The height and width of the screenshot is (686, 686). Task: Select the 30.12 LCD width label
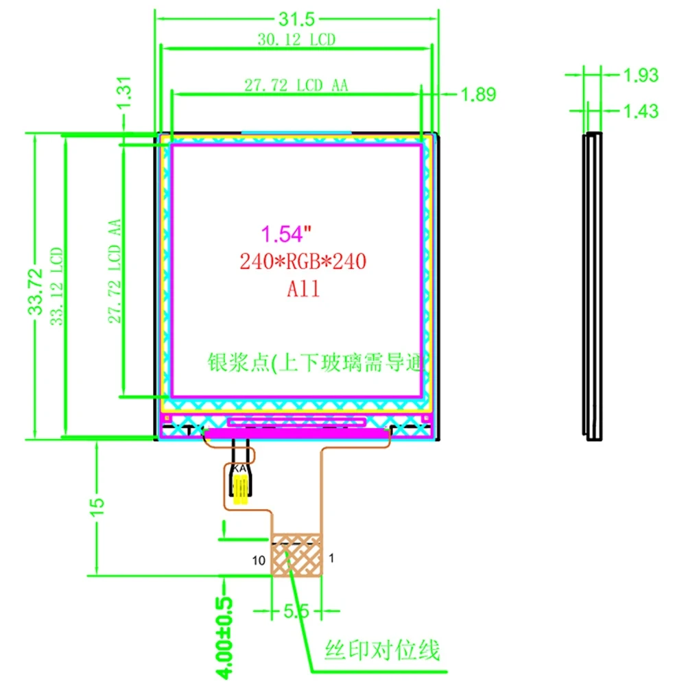tap(297, 40)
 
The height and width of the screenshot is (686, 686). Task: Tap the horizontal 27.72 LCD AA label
tap(296, 86)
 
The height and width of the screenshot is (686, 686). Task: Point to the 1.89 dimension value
tap(478, 95)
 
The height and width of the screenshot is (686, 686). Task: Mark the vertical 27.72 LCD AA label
tap(115, 271)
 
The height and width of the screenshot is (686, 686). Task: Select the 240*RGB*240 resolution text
tap(303, 261)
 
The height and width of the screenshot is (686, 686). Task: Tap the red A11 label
tap(303, 289)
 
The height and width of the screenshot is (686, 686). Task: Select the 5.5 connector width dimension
tap(296, 611)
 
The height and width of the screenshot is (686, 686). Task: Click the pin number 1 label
tap(331, 558)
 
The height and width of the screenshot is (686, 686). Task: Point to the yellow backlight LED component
tap(241, 490)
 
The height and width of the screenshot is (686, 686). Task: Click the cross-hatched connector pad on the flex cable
tap(296, 554)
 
